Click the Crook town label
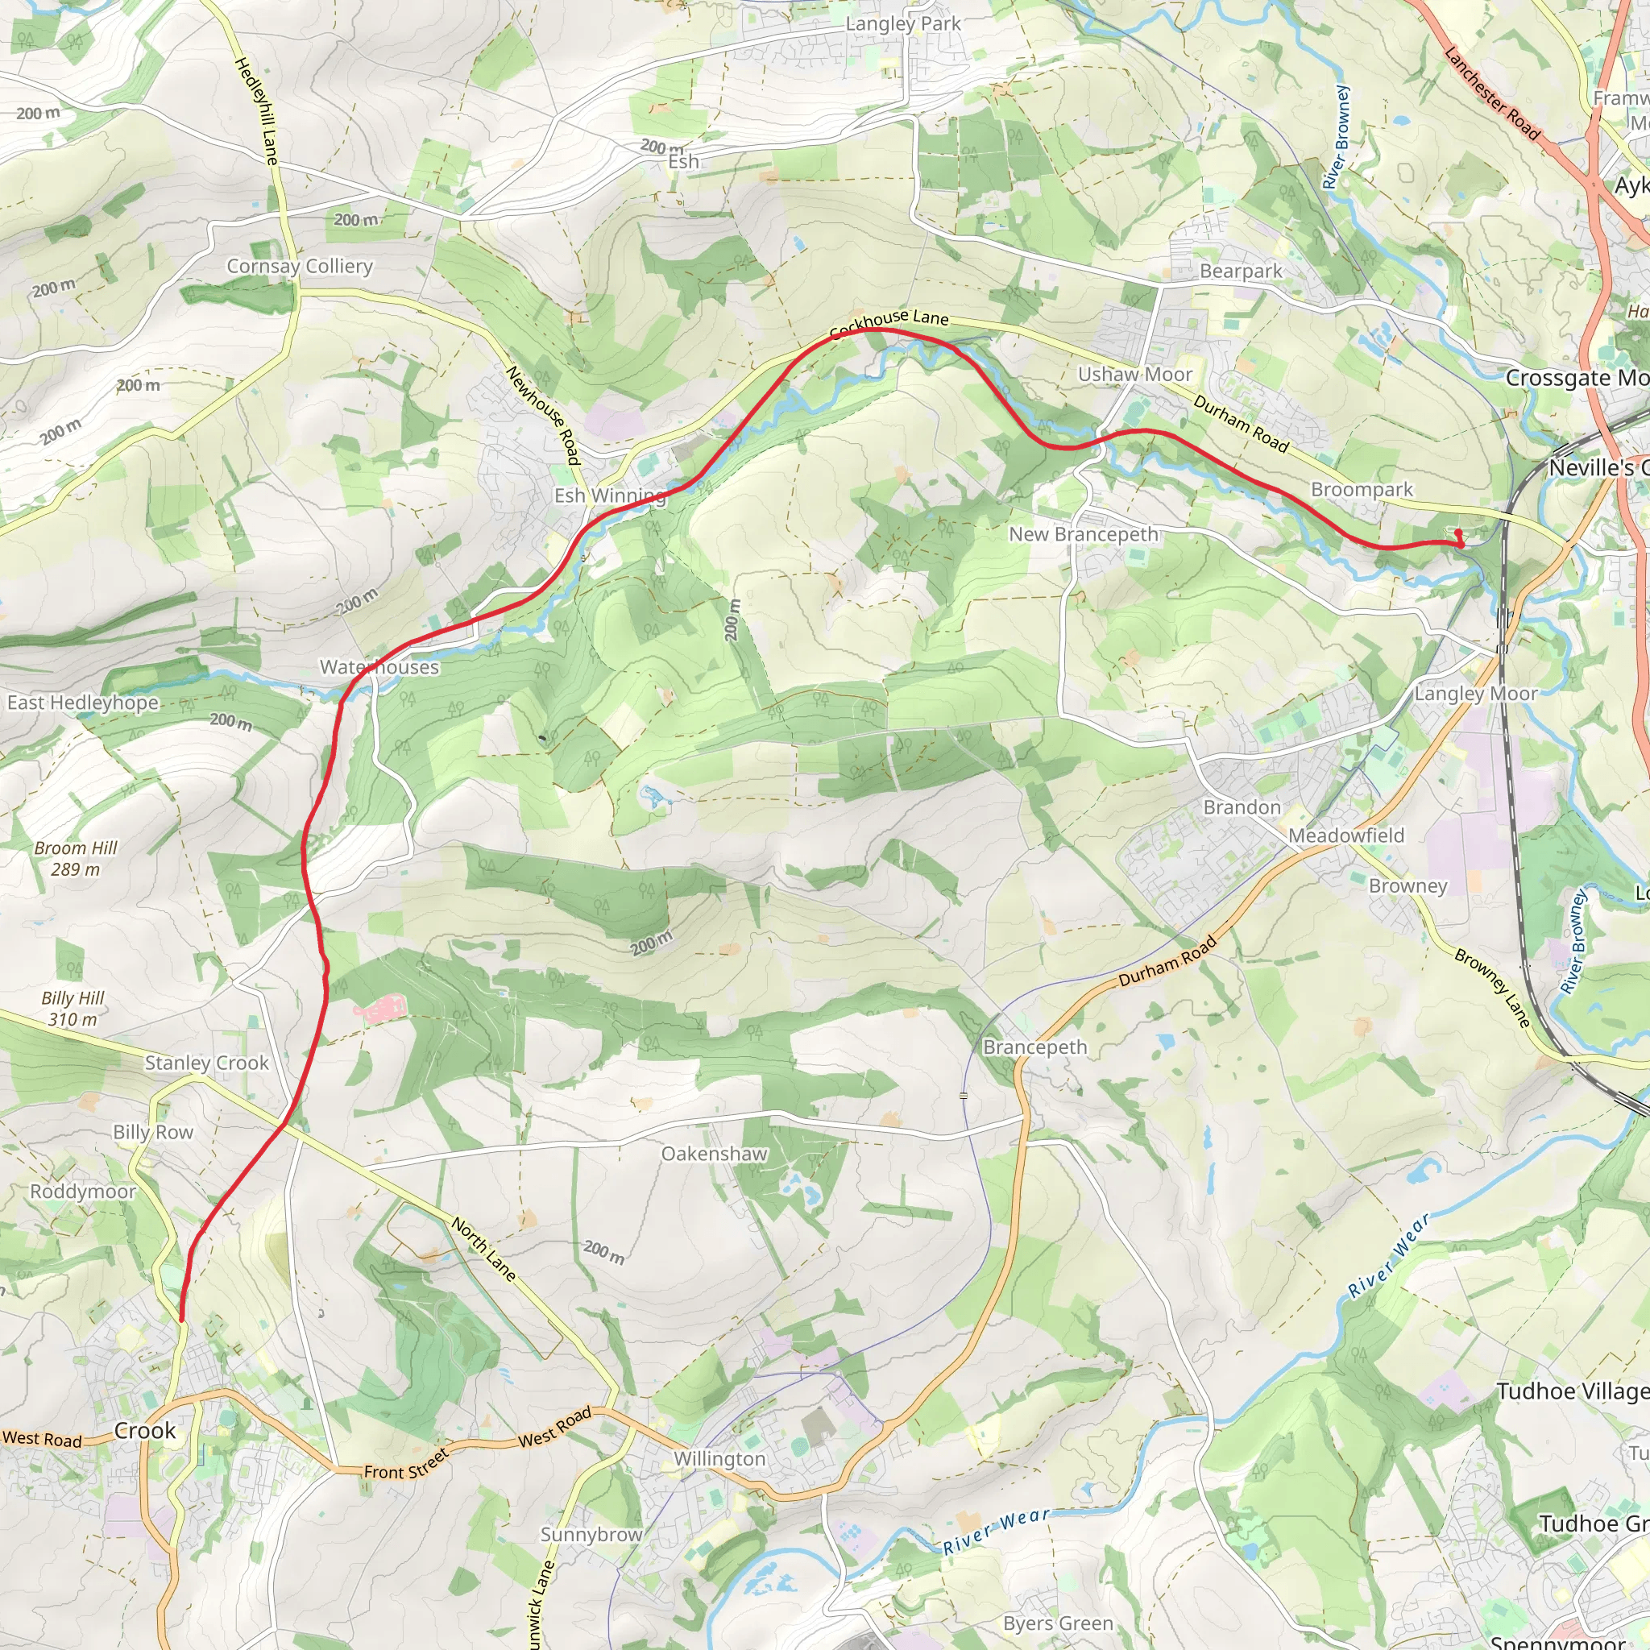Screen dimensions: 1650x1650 144,1431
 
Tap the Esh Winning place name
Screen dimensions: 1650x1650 609,495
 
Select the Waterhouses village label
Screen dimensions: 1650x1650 379,667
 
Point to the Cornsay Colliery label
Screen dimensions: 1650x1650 300,267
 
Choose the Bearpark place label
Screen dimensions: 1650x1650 1240,271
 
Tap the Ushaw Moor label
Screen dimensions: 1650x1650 1134,374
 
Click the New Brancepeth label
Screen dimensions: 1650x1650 1083,534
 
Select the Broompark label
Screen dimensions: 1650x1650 1362,489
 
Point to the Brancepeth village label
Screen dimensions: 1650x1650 1035,1047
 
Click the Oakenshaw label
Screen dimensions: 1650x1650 714,1154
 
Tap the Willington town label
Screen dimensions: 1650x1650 719,1459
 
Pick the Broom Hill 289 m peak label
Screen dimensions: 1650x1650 75,858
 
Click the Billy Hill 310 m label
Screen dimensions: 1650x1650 73,1008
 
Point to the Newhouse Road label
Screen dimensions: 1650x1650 543,415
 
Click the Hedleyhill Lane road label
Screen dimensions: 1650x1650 256,110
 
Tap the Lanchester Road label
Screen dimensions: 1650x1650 1491,93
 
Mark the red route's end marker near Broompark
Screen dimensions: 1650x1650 1459,539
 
